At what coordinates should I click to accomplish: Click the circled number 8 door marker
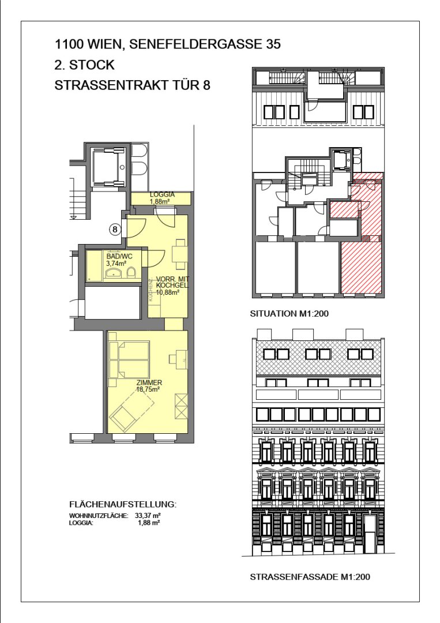click(x=115, y=229)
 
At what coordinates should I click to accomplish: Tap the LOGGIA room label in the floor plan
click(x=162, y=195)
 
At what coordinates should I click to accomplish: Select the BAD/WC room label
click(x=119, y=257)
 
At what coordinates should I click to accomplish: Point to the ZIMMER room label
click(x=149, y=382)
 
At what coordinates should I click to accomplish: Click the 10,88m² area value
click(x=168, y=292)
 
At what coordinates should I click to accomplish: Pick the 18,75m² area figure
click(x=148, y=389)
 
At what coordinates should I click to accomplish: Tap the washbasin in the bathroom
click(x=114, y=273)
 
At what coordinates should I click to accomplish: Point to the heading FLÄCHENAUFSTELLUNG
click(x=122, y=505)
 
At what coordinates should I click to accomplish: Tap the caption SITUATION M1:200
click(x=289, y=313)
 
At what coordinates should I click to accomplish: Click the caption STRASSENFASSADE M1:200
click(x=310, y=576)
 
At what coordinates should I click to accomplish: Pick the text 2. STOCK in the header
click(x=84, y=65)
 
